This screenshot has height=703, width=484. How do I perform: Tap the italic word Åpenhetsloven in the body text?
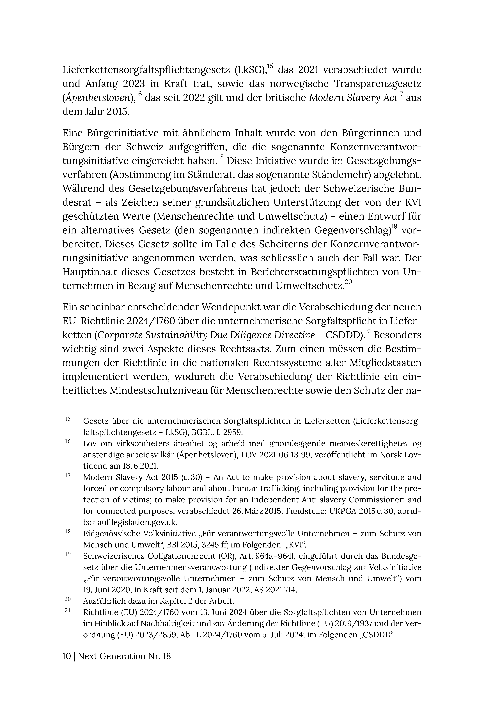(x=99, y=98)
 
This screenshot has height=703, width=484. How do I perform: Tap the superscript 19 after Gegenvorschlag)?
(x=395, y=226)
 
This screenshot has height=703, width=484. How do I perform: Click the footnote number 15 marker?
(x=68, y=419)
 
